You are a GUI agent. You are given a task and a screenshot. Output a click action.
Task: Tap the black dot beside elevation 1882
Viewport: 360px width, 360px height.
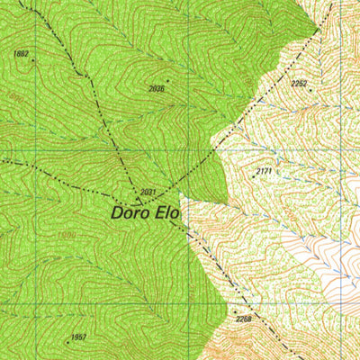pos(32,61)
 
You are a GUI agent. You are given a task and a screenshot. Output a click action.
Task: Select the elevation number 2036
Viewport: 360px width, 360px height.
pos(157,88)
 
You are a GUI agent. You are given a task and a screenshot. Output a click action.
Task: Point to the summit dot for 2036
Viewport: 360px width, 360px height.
pos(166,80)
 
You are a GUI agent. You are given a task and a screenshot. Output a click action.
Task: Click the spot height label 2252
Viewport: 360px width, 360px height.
pos(300,84)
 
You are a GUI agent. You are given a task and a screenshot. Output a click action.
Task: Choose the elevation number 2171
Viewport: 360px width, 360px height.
pos(264,170)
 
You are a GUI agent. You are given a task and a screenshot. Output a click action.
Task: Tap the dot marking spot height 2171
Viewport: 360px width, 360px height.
pos(254,176)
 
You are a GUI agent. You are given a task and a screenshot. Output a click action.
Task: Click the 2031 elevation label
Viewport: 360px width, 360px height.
pos(148,192)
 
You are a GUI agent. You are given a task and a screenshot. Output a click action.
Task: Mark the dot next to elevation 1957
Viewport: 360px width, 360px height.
pos(67,342)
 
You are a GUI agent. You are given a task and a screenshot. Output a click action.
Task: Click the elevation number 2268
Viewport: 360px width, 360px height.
pos(243,319)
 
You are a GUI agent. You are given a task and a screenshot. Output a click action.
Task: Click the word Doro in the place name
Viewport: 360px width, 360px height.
pos(130,214)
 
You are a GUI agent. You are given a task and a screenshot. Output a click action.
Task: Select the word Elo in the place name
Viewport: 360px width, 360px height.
pos(166,214)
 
